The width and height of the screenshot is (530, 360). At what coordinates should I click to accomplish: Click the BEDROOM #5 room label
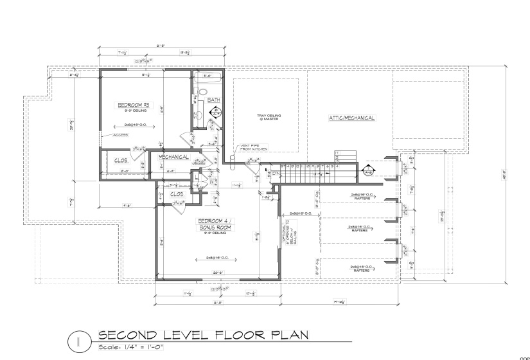134,105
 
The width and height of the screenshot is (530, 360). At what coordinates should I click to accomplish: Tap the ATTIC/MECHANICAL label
351,118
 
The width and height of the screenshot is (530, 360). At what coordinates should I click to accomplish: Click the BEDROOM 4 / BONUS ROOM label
215,224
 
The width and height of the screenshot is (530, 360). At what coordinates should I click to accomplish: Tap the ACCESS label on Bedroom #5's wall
120,135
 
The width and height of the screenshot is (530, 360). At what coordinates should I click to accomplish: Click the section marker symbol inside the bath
216,113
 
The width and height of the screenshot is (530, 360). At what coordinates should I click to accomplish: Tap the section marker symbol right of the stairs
369,172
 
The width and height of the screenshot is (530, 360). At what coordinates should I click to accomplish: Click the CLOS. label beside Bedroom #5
120,159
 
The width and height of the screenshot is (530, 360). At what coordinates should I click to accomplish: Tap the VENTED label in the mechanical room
199,164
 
